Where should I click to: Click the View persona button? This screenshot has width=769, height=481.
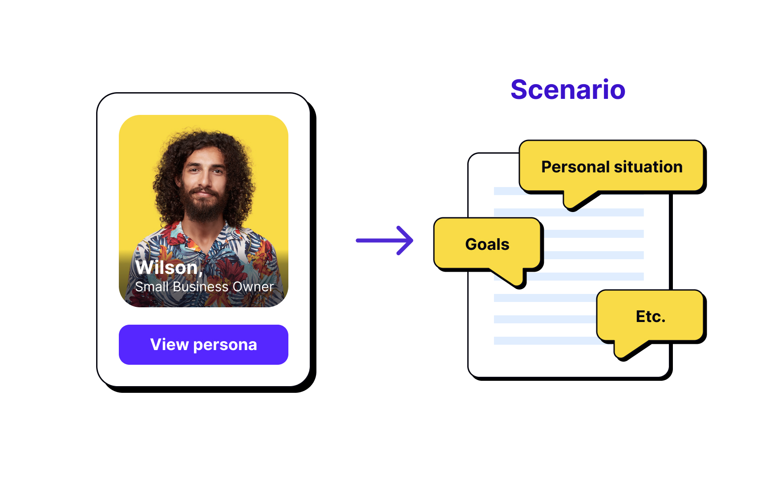pyautogui.click(x=203, y=345)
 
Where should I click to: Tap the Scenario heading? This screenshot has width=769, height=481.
pyautogui.click(x=568, y=90)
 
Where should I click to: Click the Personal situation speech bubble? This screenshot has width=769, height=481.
pyautogui.click(x=612, y=167)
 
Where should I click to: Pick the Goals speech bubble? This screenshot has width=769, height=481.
pyautogui.click(x=487, y=244)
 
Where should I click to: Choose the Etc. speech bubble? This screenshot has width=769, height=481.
pyautogui.click(x=650, y=316)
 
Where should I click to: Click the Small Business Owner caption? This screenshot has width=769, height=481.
pyautogui.click(x=204, y=287)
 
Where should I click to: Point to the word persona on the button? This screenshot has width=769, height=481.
pyautogui.click(x=225, y=345)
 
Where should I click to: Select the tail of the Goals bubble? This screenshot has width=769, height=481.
pyautogui.click(x=512, y=278)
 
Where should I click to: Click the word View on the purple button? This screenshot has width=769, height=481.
pyautogui.click(x=170, y=345)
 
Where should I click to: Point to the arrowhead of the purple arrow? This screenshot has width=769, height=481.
pyautogui.click(x=406, y=240)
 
